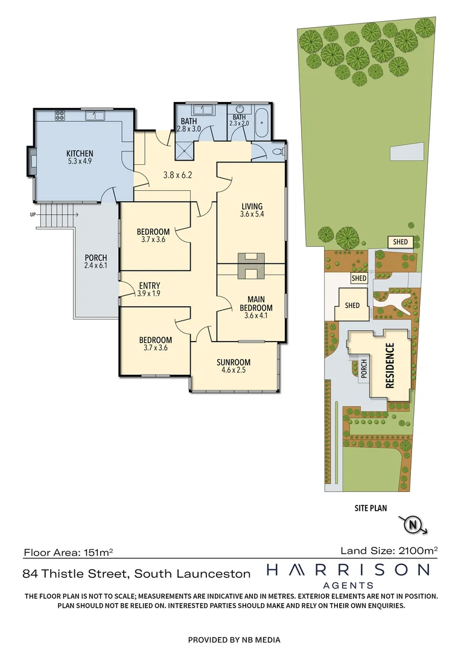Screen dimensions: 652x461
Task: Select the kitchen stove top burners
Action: pyautogui.click(x=60, y=114)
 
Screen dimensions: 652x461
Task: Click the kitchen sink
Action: pyautogui.click(x=94, y=115)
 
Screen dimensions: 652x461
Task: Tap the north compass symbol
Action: pyautogui.click(x=413, y=524)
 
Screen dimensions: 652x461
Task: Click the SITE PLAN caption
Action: pyautogui.click(x=370, y=508)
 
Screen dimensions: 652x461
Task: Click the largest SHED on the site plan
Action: pyautogui.click(x=352, y=305)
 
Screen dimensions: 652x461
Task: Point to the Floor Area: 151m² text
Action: pyautogui.click(x=68, y=552)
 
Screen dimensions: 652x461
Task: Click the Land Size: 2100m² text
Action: pyautogui.click(x=389, y=550)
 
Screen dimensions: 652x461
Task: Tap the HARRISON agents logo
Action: pyautogui.click(x=348, y=574)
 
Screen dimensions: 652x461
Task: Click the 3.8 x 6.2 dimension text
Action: pyautogui.click(x=177, y=175)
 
